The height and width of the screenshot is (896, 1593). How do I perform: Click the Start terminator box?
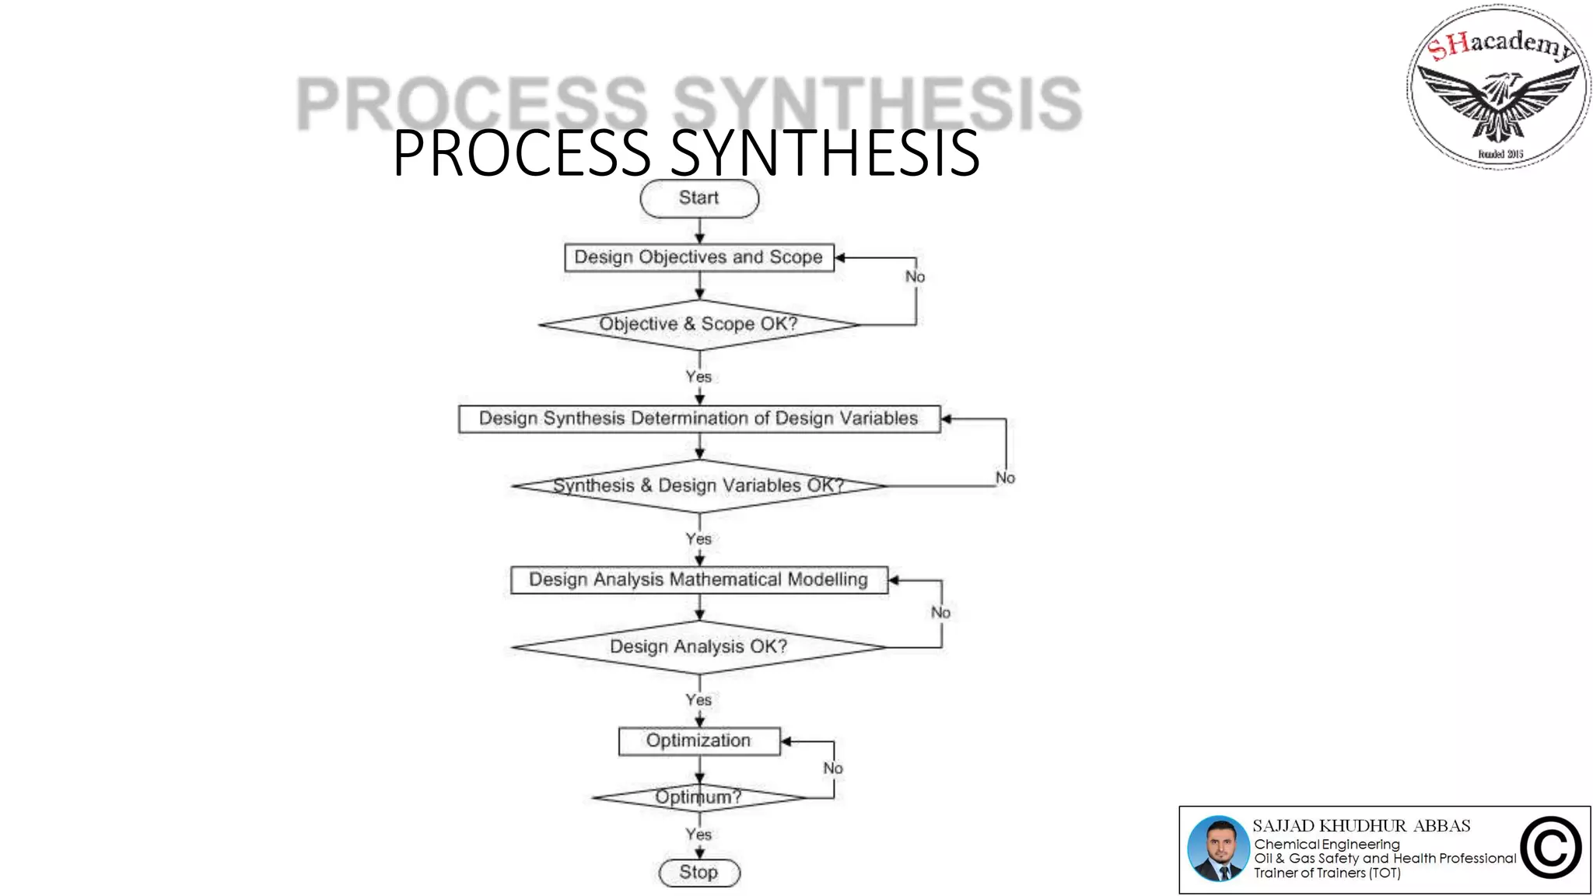click(x=698, y=198)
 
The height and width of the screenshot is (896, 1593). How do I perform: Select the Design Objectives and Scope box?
click(x=698, y=257)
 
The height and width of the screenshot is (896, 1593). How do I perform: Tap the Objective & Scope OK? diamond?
click(x=698, y=324)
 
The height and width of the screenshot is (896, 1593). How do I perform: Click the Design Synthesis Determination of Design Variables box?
click(x=698, y=418)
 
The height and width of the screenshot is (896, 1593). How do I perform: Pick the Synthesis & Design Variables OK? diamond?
click(x=698, y=486)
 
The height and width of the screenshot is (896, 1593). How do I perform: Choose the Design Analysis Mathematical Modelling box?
click(x=698, y=579)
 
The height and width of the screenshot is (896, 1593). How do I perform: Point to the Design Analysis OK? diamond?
click(x=698, y=646)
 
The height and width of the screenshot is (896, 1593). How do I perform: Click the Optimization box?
click(x=698, y=740)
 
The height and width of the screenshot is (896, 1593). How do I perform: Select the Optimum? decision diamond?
click(x=698, y=797)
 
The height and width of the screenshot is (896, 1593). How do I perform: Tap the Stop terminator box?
click(x=698, y=873)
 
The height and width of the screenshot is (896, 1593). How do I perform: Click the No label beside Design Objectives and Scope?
click(x=915, y=277)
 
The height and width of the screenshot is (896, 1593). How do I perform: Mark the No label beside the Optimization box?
click(x=833, y=768)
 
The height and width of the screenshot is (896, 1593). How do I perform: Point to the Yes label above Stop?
click(x=698, y=835)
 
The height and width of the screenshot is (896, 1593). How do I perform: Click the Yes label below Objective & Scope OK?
click(x=698, y=376)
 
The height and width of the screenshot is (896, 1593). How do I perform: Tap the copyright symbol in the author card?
click(x=1550, y=849)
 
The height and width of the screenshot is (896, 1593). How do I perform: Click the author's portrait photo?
click(x=1218, y=849)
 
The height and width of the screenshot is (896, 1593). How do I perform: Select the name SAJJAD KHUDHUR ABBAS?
click(x=1361, y=826)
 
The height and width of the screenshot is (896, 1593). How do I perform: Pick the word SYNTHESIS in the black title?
click(x=825, y=153)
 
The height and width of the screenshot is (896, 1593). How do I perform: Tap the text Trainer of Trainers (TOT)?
click(x=1327, y=873)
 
